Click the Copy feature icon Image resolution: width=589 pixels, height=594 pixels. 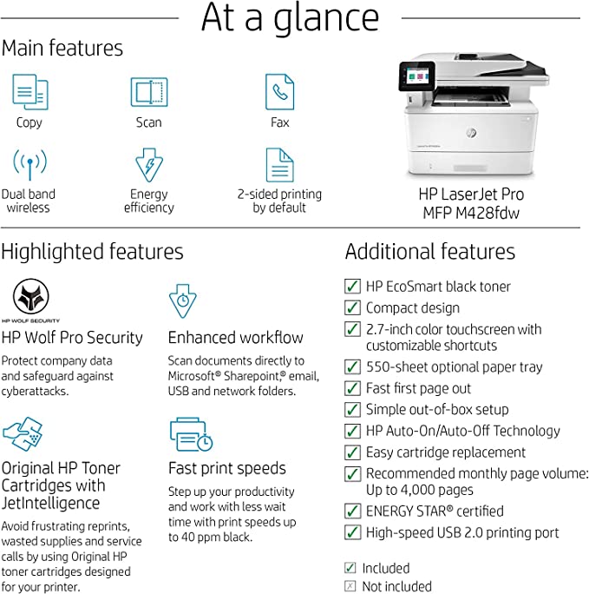pyautogui.click(x=30, y=92)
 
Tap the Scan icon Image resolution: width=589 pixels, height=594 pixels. pyautogui.click(x=149, y=92)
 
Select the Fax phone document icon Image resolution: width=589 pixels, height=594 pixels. pyautogui.click(x=279, y=92)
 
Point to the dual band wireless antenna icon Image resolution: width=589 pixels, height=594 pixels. pyautogui.click(x=29, y=164)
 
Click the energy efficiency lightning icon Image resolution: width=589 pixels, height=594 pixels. pyautogui.click(x=149, y=165)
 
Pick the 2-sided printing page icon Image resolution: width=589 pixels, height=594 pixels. pyautogui.click(x=279, y=165)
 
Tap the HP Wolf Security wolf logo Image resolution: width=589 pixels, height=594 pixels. pyautogui.click(x=31, y=296)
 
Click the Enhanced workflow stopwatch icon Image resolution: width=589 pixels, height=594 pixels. pyautogui.click(x=183, y=300)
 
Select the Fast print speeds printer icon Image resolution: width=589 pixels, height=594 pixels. pyautogui.click(x=192, y=434)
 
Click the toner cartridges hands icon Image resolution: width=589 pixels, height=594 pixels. pyautogui.click(x=23, y=434)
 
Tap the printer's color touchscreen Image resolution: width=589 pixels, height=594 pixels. pyautogui.click(x=417, y=76)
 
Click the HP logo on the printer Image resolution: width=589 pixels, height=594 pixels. pyautogui.click(x=471, y=133)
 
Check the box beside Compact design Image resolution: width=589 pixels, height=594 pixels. pyautogui.click(x=352, y=307)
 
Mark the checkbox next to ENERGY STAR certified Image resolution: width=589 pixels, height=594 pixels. pyautogui.click(x=352, y=511)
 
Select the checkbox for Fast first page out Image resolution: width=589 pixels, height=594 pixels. pyautogui.click(x=352, y=388)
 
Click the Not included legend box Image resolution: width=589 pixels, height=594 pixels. pyautogui.click(x=350, y=586)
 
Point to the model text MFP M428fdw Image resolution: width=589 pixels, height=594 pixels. pyautogui.click(x=471, y=213)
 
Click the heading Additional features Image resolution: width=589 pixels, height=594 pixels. pyautogui.click(x=429, y=252)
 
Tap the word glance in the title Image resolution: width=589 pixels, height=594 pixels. pyautogui.click(x=326, y=19)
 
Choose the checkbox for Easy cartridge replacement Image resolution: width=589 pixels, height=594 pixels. pyautogui.click(x=352, y=452)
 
